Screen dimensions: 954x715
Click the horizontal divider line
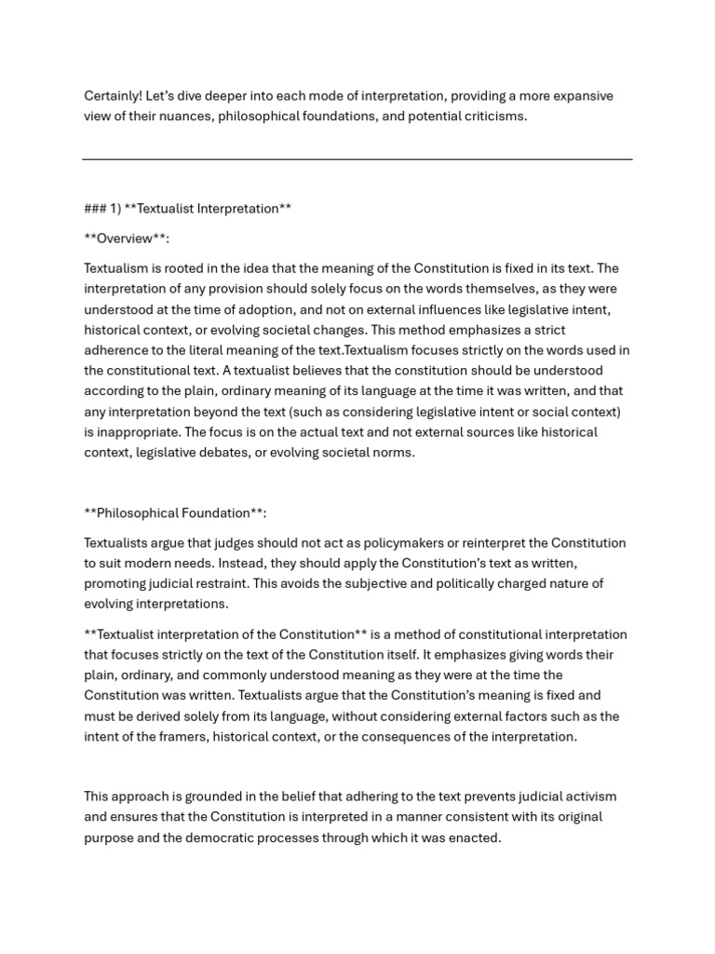pos(357,159)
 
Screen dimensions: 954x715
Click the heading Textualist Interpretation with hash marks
pos(187,209)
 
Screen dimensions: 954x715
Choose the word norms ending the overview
pos(392,453)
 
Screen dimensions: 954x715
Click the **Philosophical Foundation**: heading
pos(175,512)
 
